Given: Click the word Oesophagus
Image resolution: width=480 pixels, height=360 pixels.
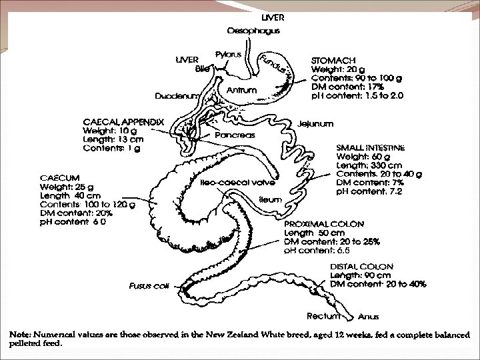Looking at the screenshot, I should pyautogui.click(x=253, y=30).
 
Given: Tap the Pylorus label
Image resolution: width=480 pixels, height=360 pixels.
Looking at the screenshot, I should pyautogui.click(x=227, y=53).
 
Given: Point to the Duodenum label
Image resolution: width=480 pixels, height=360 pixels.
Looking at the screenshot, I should pyautogui.click(x=176, y=96).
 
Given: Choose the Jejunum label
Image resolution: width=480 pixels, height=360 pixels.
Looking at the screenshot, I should pyautogui.click(x=315, y=123).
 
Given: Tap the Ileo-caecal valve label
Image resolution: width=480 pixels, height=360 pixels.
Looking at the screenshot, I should pyautogui.click(x=229, y=182).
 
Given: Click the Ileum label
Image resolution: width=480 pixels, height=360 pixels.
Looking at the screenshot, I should pyautogui.click(x=269, y=199).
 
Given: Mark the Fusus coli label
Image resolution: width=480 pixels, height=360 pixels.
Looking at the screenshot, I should pyautogui.click(x=149, y=285).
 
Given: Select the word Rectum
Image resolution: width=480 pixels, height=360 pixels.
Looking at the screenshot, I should pyautogui.click(x=323, y=315).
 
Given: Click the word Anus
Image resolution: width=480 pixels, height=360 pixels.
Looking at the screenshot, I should pyautogui.click(x=369, y=317).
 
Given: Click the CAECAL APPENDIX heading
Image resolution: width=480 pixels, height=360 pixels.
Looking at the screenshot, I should pyautogui.click(x=123, y=121).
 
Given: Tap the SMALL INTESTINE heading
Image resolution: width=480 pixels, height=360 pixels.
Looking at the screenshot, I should pyautogui.click(x=371, y=147).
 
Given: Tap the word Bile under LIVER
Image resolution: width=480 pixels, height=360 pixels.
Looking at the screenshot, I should pyautogui.click(x=202, y=69).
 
